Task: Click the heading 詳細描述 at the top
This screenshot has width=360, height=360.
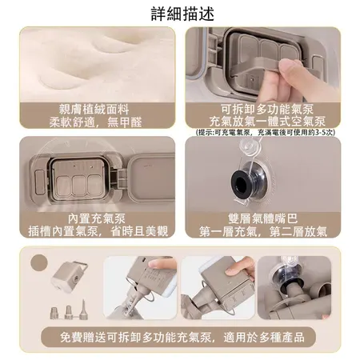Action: [x=181, y=14]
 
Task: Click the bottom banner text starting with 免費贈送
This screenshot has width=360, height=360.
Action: [x=182, y=338]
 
